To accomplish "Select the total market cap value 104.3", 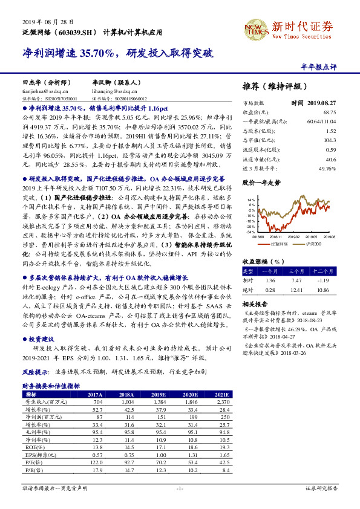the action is [330, 140].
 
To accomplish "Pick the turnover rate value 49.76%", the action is [327, 167].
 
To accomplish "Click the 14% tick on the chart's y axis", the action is [250, 199].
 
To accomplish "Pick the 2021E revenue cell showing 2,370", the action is [222, 401].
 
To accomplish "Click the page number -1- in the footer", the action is [180, 487].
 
